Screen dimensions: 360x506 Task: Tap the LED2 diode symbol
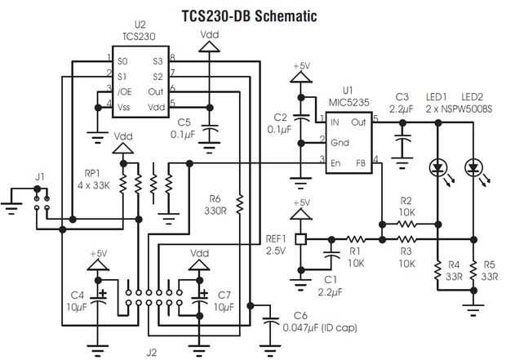[473, 168]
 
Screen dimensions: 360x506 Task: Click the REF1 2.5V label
[276, 245]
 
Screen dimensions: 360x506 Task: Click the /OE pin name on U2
[124, 91]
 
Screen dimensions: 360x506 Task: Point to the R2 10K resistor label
[406, 206]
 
